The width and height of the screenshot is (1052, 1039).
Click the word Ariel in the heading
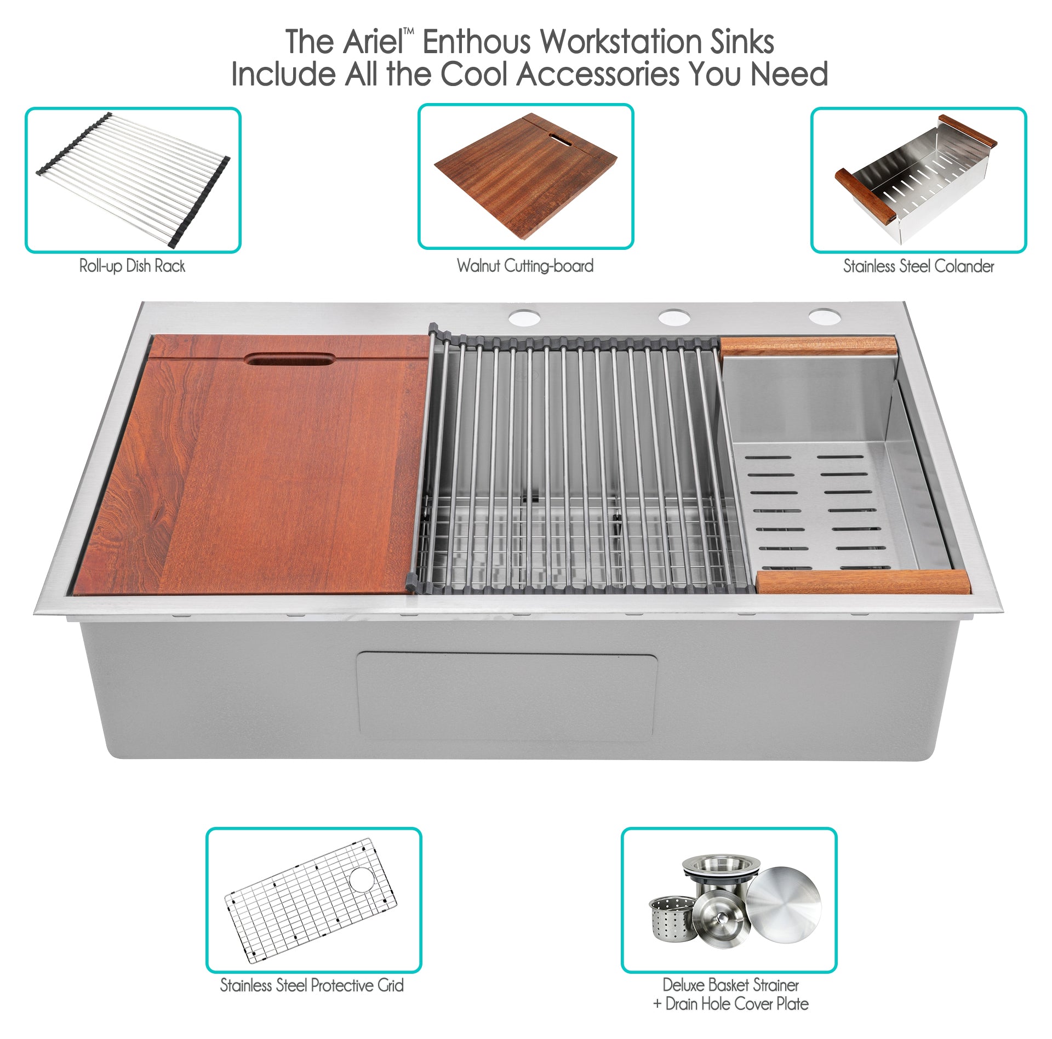tap(373, 42)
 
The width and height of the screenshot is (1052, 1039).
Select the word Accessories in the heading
tap(598, 74)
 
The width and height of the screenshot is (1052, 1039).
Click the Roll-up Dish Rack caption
tap(132, 266)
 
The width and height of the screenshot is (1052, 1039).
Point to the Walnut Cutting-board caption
tap(525, 266)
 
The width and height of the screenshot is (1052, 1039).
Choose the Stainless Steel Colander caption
tap(918, 266)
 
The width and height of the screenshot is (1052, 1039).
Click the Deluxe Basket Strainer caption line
tap(730, 985)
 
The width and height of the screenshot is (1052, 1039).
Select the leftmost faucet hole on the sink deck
tap(524, 317)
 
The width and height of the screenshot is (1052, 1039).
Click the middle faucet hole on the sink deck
tap(674, 317)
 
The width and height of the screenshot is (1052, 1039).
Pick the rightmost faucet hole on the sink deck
tap(824, 317)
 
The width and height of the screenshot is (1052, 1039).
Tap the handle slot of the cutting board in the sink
tap(290, 359)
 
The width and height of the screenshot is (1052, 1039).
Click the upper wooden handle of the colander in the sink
tap(809, 346)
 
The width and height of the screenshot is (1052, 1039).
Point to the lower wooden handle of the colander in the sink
tap(863, 582)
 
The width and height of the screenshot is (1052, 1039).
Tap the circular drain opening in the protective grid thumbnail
tap(362, 879)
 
